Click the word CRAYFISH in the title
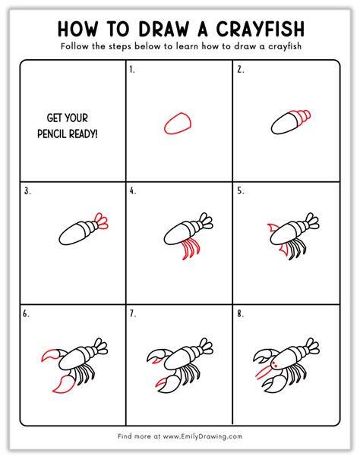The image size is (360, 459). coord(261,29)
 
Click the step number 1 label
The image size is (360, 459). coord(132,70)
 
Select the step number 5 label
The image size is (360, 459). coord(241,191)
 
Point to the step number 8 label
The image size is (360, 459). coord(241,314)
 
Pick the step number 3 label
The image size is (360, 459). coord(27,191)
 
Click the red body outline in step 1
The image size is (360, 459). coord(178,124)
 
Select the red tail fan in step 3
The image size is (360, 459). coord(101,221)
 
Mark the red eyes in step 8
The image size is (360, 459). coord(275,365)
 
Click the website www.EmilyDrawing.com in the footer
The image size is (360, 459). coord(203,436)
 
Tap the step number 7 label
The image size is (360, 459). coord(133,314)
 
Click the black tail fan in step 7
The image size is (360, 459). coord(207,345)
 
